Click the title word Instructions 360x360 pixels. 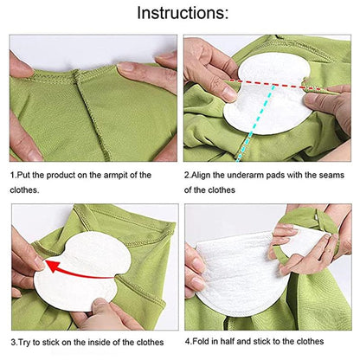[183, 13]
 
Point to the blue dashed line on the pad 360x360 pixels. [256, 122]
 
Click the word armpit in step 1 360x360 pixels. [115, 175]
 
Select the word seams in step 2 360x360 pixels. [332, 175]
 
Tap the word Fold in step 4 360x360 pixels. [201, 342]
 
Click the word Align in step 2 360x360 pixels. [201, 175]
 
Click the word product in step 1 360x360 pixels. [60, 175]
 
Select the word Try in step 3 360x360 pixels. [24, 343]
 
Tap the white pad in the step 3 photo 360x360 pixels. [83, 271]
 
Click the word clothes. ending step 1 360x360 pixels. [24, 190]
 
